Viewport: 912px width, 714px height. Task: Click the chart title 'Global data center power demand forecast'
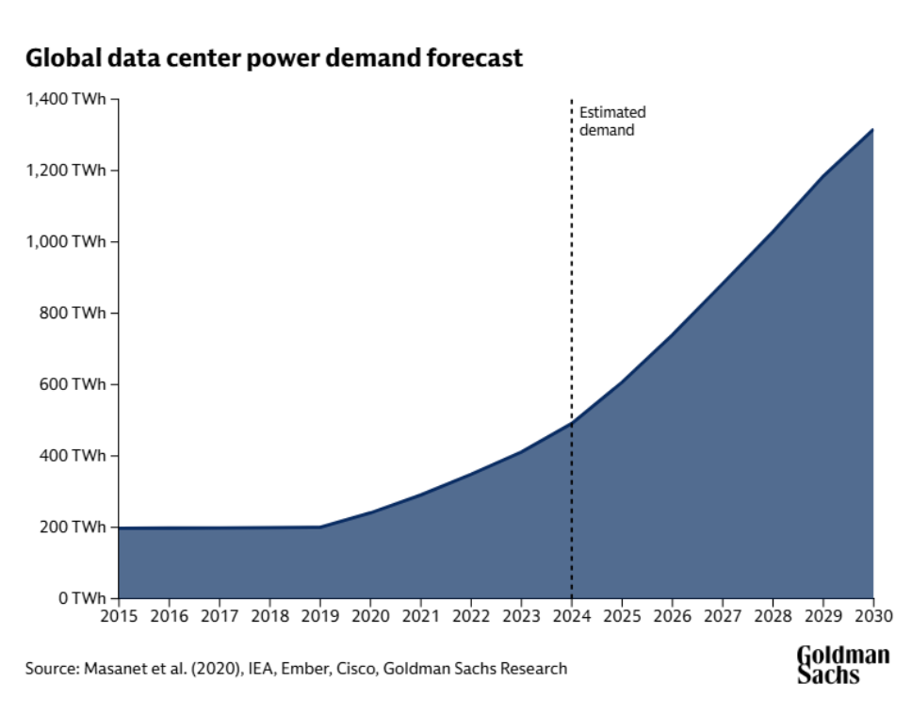(x=273, y=58)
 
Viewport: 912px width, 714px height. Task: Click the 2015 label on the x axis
(x=119, y=617)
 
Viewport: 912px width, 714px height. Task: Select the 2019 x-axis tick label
(x=320, y=617)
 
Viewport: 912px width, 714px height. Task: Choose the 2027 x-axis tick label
(x=723, y=617)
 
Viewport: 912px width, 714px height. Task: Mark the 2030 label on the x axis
(x=872, y=617)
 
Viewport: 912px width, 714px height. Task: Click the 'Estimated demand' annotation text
(x=612, y=122)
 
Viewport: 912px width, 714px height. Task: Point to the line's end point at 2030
(x=872, y=130)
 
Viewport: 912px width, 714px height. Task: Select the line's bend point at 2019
(x=320, y=527)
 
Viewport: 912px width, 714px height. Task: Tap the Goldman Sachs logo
(x=842, y=664)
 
